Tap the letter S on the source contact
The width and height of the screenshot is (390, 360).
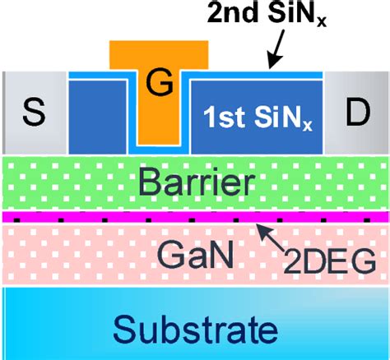pyautogui.click(x=33, y=113)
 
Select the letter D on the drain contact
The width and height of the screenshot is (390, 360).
pyautogui.click(x=357, y=113)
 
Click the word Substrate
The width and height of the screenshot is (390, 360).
pyautogui.click(x=194, y=330)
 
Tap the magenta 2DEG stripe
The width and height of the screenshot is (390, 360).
pyautogui.click(x=99, y=218)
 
